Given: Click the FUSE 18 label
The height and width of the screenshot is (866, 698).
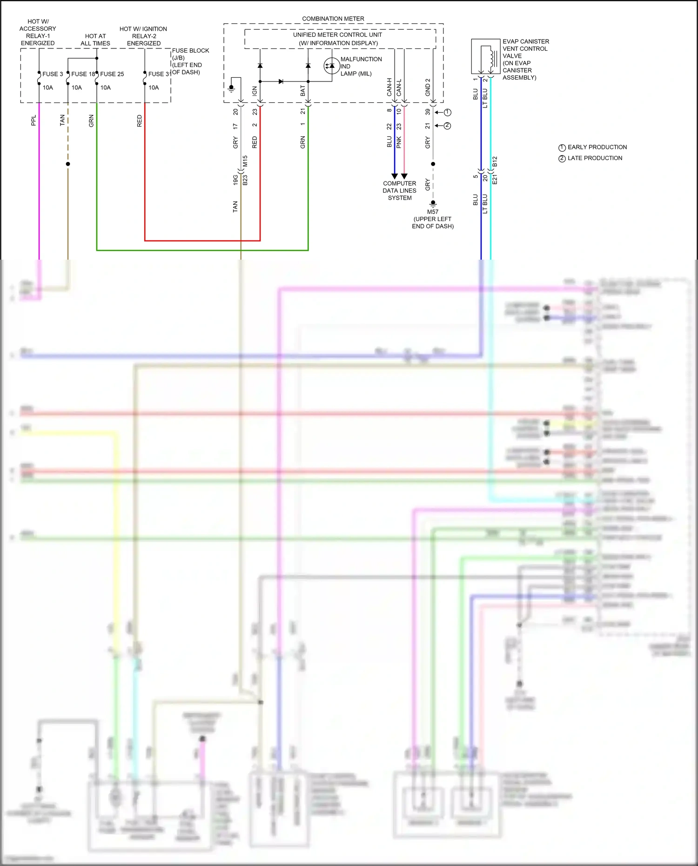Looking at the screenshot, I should click(x=83, y=74).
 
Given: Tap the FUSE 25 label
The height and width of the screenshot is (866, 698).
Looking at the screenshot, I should click(x=112, y=74).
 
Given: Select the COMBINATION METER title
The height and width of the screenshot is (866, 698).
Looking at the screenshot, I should click(x=333, y=19).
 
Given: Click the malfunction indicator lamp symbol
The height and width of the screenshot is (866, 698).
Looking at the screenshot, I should click(x=331, y=66).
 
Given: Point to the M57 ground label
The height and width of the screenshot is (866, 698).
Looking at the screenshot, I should click(x=433, y=212).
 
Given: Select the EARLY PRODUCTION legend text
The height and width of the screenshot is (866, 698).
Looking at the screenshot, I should click(x=597, y=147).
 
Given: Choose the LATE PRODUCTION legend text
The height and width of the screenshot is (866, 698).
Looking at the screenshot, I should click(x=595, y=158).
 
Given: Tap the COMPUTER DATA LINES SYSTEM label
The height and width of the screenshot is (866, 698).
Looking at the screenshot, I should click(x=399, y=191).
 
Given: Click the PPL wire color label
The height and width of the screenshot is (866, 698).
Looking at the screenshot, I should click(x=34, y=121).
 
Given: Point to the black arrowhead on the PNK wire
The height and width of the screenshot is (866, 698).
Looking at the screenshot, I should click(x=404, y=176).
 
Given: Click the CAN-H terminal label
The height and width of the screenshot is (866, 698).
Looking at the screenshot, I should click(x=389, y=87).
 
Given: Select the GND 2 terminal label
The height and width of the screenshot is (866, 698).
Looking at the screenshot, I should click(x=428, y=87).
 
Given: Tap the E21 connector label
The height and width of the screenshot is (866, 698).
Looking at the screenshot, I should click(x=495, y=179).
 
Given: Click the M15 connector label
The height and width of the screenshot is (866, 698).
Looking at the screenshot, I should click(x=245, y=161).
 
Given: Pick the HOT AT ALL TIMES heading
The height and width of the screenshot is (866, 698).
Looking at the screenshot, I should click(x=95, y=40).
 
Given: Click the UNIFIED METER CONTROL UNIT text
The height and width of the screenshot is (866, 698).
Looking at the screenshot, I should click(x=337, y=35).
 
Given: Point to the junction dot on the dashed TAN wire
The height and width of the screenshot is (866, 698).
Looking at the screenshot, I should click(x=68, y=164).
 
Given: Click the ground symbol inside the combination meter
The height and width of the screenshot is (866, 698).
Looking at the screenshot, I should click(x=231, y=88).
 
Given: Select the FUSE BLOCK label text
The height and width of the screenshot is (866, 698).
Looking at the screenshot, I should click(x=190, y=51).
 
